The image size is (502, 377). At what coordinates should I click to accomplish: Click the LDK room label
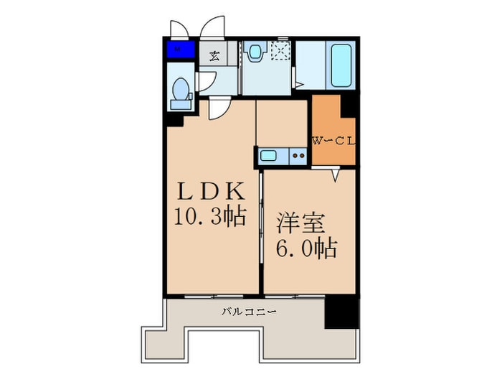(213, 192)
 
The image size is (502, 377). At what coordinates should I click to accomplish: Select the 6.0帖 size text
(307, 248)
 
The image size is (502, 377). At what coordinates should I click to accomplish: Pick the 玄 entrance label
(214, 55)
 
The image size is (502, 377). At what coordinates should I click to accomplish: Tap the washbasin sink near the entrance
(254, 52)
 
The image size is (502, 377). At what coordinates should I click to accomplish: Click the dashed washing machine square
(279, 51)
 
